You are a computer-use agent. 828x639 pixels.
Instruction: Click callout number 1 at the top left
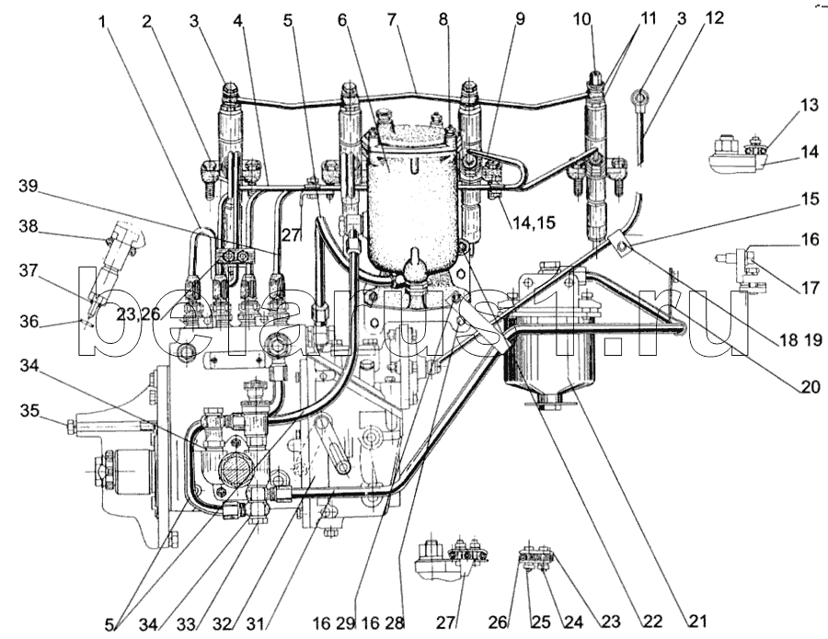pyautogui.click(x=102, y=22)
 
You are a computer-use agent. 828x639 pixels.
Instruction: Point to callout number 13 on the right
pyautogui.click(x=808, y=106)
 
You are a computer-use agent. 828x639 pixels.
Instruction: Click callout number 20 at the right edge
pyautogui.click(x=810, y=388)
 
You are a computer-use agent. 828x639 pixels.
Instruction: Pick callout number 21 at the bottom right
pyautogui.click(x=696, y=621)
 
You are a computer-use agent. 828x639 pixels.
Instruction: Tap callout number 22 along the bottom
pyautogui.click(x=651, y=622)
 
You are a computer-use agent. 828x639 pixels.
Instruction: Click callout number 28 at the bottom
pyautogui.click(x=394, y=623)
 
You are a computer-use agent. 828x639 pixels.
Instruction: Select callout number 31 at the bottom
pyautogui.click(x=255, y=623)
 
